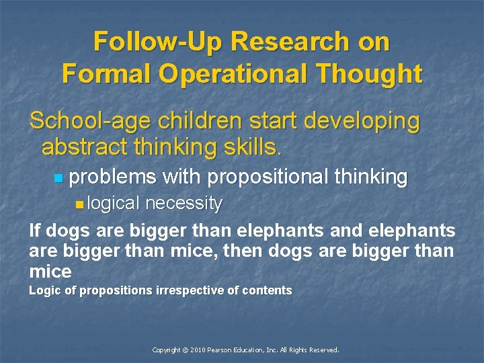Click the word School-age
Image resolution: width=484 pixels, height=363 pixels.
click(x=91, y=122)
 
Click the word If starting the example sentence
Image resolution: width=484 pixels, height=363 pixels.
click(x=34, y=231)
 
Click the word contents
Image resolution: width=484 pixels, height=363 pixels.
click(x=268, y=290)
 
